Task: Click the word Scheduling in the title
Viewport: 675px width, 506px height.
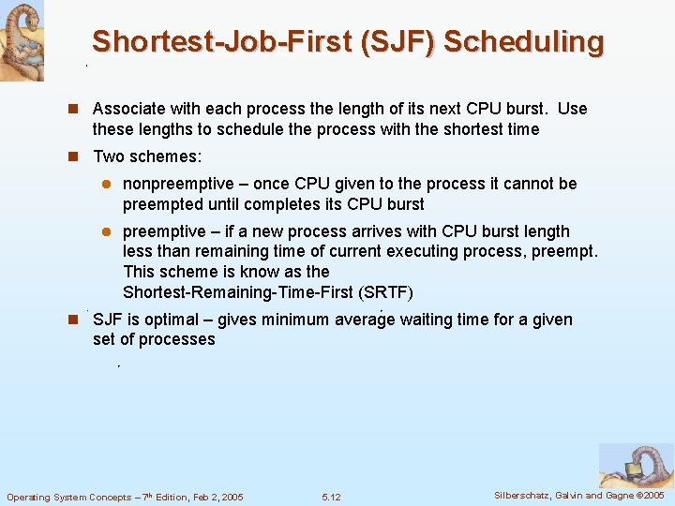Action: coord(524,42)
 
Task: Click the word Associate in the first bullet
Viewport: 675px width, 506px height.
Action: coord(130,109)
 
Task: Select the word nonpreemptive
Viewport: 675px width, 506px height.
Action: coord(180,184)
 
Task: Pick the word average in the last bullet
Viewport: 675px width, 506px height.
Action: coord(363,320)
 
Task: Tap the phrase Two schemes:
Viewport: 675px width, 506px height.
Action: coord(147,156)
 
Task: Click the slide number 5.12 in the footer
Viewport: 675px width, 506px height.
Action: coord(331,497)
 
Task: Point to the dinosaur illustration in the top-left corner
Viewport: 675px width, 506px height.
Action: coord(22,39)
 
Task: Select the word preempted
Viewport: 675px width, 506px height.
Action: coord(160,204)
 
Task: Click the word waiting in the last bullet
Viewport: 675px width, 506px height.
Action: coord(427,320)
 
